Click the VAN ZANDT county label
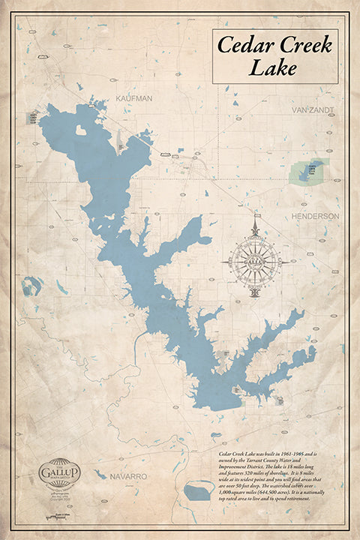click(x=313, y=109)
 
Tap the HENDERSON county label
click(x=316, y=216)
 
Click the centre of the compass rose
click(x=256, y=261)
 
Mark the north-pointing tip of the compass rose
click(x=256, y=218)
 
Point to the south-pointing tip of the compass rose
click(x=256, y=299)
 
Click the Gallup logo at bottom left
click(x=58, y=472)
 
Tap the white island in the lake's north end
click(x=81, y=130)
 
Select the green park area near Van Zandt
click(x=307, y=170)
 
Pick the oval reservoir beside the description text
click(x=197, y=492)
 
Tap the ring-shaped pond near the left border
click(x=31, y=286)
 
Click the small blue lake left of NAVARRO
click(x=100, y=474)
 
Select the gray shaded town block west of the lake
click(x=32, y=118)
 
